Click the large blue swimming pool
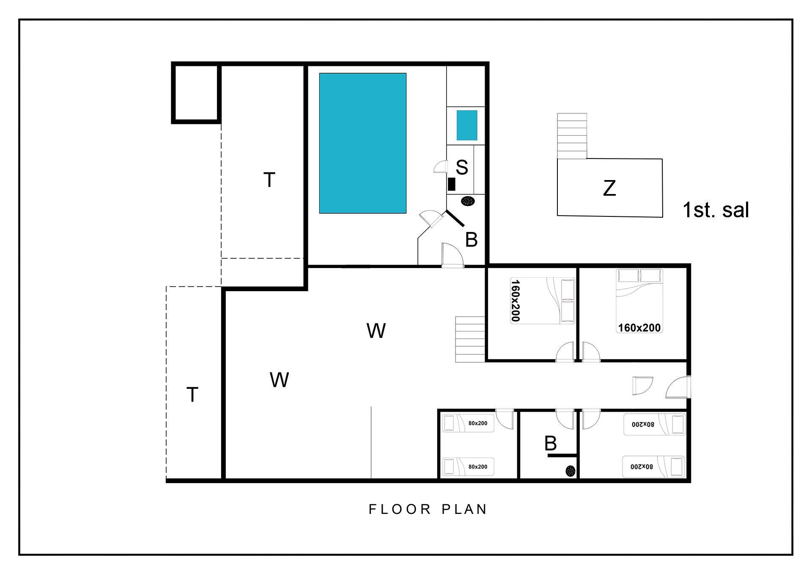coord(362,143)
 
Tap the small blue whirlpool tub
coord(467,125)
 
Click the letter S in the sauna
coord(462,167)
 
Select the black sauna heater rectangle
coord(452,184)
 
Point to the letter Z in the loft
coord(609,188)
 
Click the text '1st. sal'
coord(716,210)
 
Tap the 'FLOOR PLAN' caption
coord(428,509)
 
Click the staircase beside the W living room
coord(470,339)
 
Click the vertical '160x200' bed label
coord(515,300)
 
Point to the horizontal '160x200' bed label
coord(639,328)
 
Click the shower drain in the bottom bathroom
coord(571,470)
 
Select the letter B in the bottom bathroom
coord(550,443)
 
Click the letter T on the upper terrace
coord(269,180)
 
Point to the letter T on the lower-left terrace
coord(192,395)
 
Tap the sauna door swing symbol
coord(440,167)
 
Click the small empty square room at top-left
coord(196,93)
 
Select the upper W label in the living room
coord(376,331)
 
